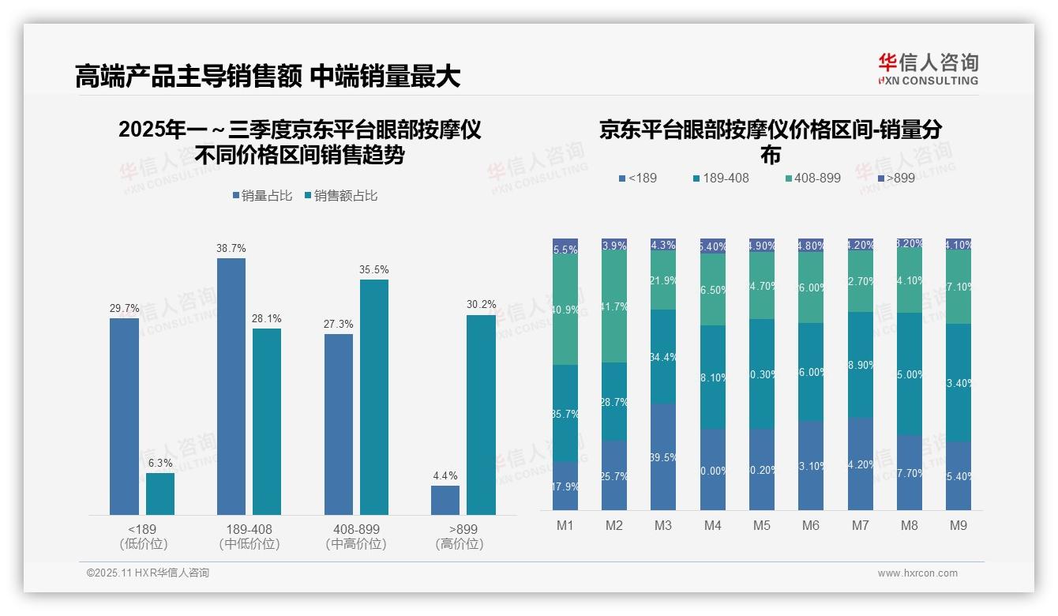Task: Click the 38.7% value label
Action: point(231,248)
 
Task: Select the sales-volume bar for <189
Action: point(124,416)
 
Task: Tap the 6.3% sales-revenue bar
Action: point(160,494)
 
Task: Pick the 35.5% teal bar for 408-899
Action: point(374,397)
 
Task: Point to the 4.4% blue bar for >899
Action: point(445,500)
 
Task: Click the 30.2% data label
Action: point(482,305)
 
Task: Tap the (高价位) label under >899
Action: point(460,544)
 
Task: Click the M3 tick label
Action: point(663,525)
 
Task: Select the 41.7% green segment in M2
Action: point(614,307)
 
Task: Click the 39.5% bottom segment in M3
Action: point(663,456)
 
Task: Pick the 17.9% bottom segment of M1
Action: point(565,486)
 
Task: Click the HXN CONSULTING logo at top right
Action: point(928,69)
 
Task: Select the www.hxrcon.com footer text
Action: point(917,573)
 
